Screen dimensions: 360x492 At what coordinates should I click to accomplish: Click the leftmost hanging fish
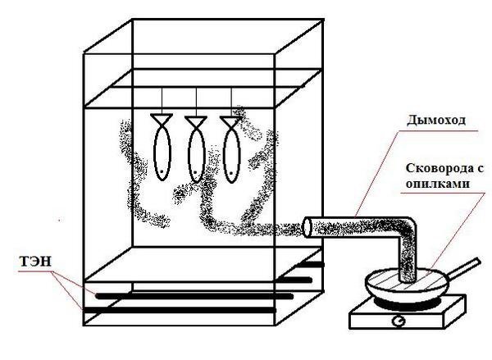click(x=162, y=153)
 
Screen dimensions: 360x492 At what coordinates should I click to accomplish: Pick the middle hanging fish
click(x=196, y=154)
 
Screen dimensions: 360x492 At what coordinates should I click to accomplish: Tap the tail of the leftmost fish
click(x=162, y=120)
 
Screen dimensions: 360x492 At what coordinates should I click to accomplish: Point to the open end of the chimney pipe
click(x=308, y=227)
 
